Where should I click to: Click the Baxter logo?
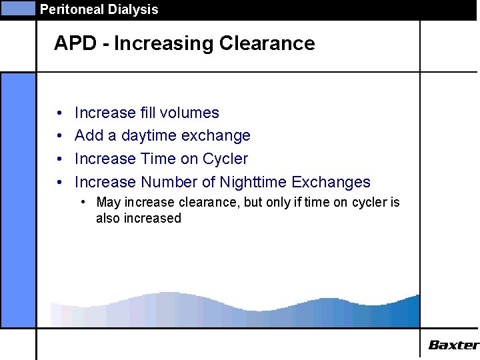[x=453, y=345]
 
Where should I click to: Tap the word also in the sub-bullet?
[x=108, y=218]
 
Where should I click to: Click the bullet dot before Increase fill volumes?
[x=59, y=113]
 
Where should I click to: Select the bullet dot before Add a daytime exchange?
[x=59, y=137]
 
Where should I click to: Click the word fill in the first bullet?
[x=148, y=113]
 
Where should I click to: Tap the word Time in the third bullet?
[x=157, y=159]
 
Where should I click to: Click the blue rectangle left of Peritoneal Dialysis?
[x=17, y=9]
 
